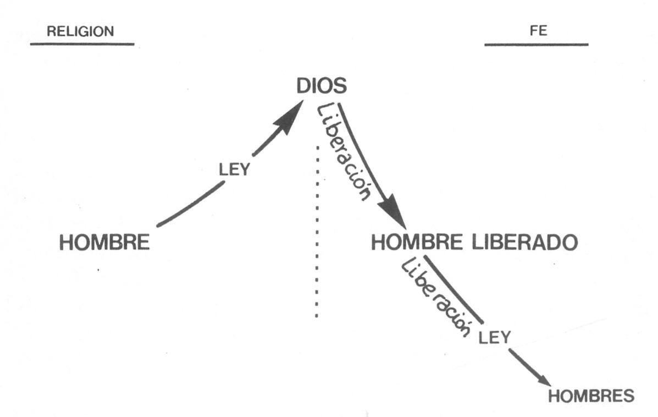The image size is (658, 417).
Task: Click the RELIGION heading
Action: [80, 31]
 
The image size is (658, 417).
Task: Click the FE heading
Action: [539, 31]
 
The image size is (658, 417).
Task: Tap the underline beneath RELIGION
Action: [82, 44]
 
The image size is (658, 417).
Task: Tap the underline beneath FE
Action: [536, 45]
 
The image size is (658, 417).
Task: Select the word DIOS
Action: [322, 87]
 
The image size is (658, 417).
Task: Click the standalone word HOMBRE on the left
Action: [104, 243]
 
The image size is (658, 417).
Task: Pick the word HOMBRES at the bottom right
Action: [591, 396]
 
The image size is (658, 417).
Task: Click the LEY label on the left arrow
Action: [234, 169]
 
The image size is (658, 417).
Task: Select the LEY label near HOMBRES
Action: [494, 337]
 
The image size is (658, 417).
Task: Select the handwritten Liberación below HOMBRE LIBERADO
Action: [435, 296]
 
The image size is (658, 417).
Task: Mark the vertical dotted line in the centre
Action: [317, 231]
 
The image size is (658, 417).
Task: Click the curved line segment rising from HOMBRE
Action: [190, 205]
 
